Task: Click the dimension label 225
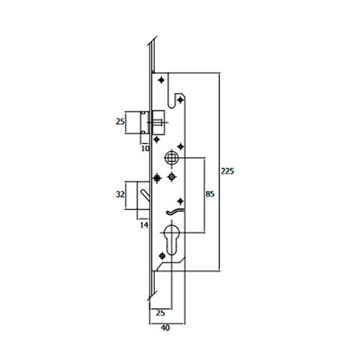[228, 171]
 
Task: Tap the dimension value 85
[210, 194]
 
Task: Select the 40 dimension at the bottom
[165, 328]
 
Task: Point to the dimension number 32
[120, 194]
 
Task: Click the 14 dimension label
[144, 225]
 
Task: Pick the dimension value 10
[145, 148]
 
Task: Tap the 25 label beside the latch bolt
[120, 122]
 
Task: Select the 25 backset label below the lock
[161, 313]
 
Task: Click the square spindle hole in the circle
[171, 158]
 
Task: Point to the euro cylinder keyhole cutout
[171, 240]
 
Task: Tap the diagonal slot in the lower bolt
[145, 196]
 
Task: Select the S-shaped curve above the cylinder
[175, 212]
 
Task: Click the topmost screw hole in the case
[161, 80]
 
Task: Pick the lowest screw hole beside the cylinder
[163, 256]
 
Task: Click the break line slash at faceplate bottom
[152, 296]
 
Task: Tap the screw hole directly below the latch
[156, 139]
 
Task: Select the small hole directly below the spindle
[171, 177]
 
